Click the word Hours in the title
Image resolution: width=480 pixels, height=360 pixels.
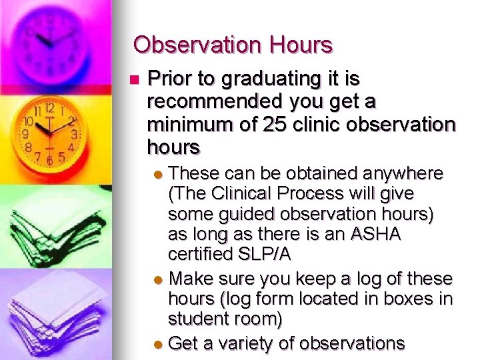[301, 45]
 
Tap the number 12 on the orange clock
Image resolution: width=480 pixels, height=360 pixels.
[49, 107]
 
